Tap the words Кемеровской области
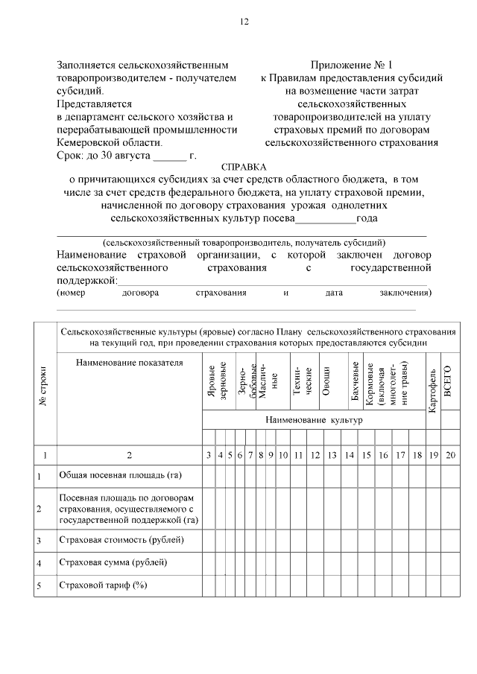[109, 142]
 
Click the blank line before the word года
[326, 220]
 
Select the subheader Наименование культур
[314, 420]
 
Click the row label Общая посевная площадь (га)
[120, 474]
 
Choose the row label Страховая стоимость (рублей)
[121, 539]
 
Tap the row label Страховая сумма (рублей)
[113, 562]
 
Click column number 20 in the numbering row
[449, 454]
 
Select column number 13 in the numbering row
[332, 454]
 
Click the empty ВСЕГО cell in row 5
[449, 585]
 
